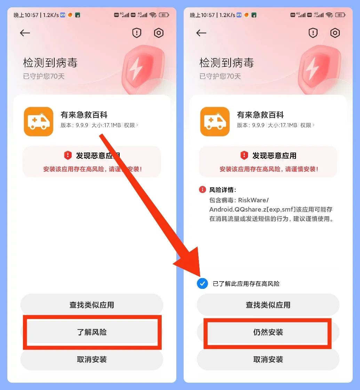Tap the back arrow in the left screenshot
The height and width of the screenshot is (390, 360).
coord(25,33)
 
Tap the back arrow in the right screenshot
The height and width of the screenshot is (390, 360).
coord(201,33)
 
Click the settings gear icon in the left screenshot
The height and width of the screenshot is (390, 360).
coord(159,33)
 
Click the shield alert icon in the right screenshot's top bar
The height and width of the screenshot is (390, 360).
coord(313,33)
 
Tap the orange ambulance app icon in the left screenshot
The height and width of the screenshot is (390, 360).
coord(39,122)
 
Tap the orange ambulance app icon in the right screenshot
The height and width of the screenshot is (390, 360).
coord(215,122)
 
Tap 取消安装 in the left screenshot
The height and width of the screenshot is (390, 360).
coord(91,359)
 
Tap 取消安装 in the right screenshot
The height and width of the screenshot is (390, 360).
coord(268,359)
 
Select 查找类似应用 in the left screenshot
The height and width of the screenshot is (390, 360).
coord(91,305)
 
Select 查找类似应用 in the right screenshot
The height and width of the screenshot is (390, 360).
coord(268,305)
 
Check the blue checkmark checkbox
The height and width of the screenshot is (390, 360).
coord(202,284)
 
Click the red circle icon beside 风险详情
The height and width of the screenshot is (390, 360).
coord(202,190)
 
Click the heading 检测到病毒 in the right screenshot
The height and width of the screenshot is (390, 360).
coord(226,63)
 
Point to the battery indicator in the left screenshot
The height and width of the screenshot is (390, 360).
coord(164,15)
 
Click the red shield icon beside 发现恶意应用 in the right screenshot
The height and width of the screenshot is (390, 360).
coord(244,155)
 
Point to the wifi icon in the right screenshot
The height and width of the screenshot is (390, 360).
coord(329,15)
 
